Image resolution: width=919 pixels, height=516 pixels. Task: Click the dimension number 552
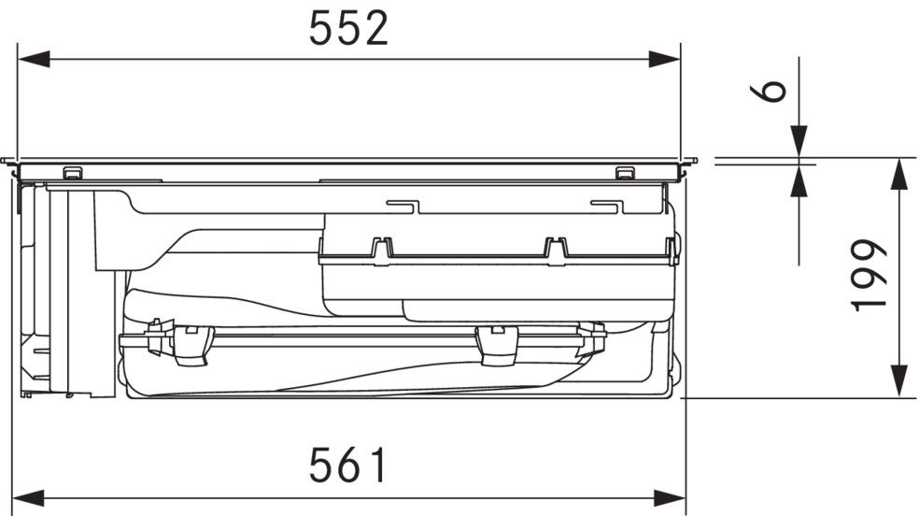tap(348, 29)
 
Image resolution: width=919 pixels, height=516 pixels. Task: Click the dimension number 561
tap(348, 465)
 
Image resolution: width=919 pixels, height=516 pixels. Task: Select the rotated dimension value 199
tap(869, 275)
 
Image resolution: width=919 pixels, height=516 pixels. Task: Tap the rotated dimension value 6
tap(768, 91)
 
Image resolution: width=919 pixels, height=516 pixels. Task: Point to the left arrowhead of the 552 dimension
tap(34, 59)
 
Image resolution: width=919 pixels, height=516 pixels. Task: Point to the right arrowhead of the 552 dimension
tap(664, 59)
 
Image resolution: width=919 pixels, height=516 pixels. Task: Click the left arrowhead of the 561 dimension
tap(28, 498)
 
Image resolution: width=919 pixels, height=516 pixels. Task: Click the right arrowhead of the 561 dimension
tap(670, 498)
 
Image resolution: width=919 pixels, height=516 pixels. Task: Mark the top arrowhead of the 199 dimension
tap(899, 174)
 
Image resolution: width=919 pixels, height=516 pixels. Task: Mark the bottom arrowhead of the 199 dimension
tap(899, 381)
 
